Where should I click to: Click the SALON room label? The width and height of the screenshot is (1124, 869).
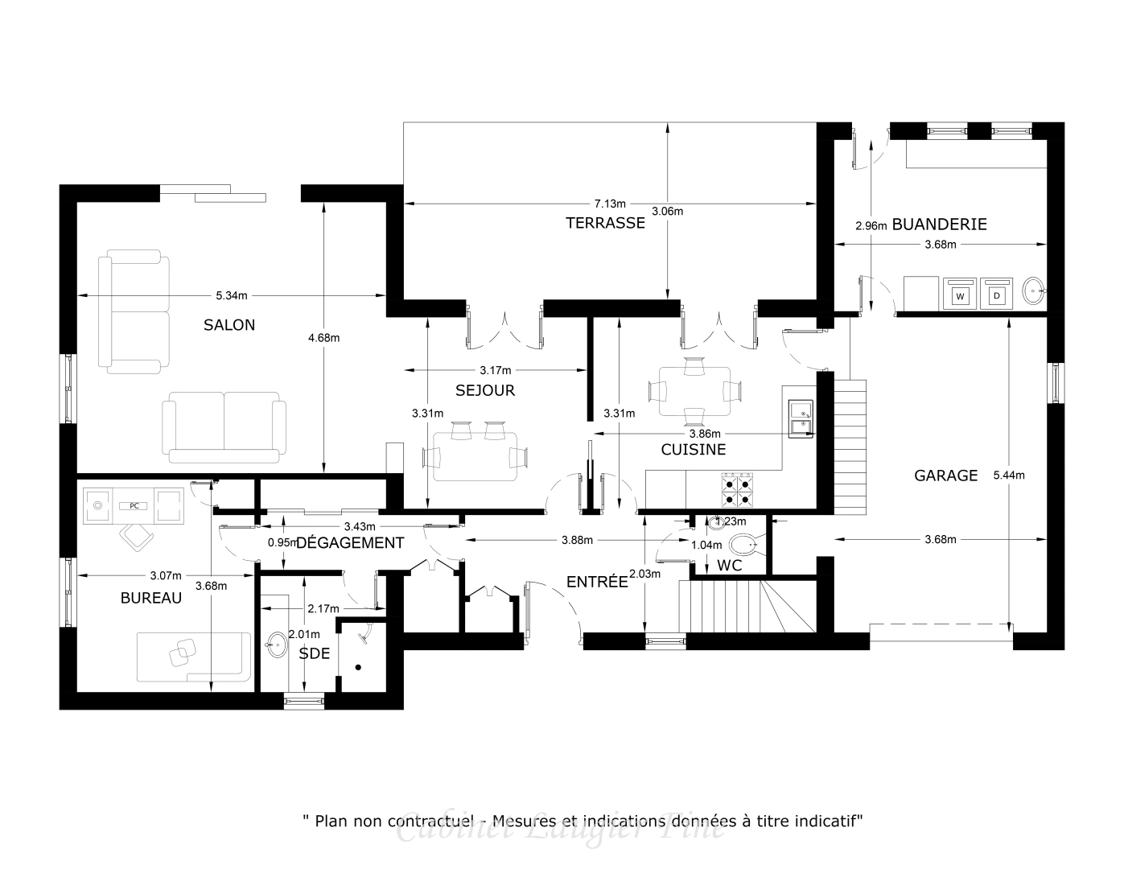click(229, 325)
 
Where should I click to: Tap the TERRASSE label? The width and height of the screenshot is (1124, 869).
click(605, 223)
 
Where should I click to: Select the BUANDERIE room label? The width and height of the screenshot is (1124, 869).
click(939, 224)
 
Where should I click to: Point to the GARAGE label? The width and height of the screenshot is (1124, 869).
click(945, 476)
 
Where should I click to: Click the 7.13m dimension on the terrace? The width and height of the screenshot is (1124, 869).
click(610, 204)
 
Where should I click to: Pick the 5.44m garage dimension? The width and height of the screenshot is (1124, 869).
click(1008, 476)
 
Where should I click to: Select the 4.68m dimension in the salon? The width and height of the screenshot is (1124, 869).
click(323, 338)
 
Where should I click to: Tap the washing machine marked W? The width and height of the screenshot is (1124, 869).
click(960, 295)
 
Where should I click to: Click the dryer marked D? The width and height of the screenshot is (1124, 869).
click(997, 295)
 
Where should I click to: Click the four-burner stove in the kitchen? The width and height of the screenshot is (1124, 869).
click(738, 491)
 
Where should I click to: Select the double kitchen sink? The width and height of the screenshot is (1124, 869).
click(801, 419)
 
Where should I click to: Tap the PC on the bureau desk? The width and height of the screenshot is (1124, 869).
click(134, 506)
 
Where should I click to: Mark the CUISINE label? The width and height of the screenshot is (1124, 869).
click(694, 450)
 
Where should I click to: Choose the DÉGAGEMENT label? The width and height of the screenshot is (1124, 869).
click(349, 543)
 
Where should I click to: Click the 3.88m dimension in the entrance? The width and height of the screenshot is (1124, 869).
click(578, 540)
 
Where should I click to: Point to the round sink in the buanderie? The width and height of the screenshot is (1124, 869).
click(1034, 290)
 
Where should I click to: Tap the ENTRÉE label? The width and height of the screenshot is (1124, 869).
click(596, 582)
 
